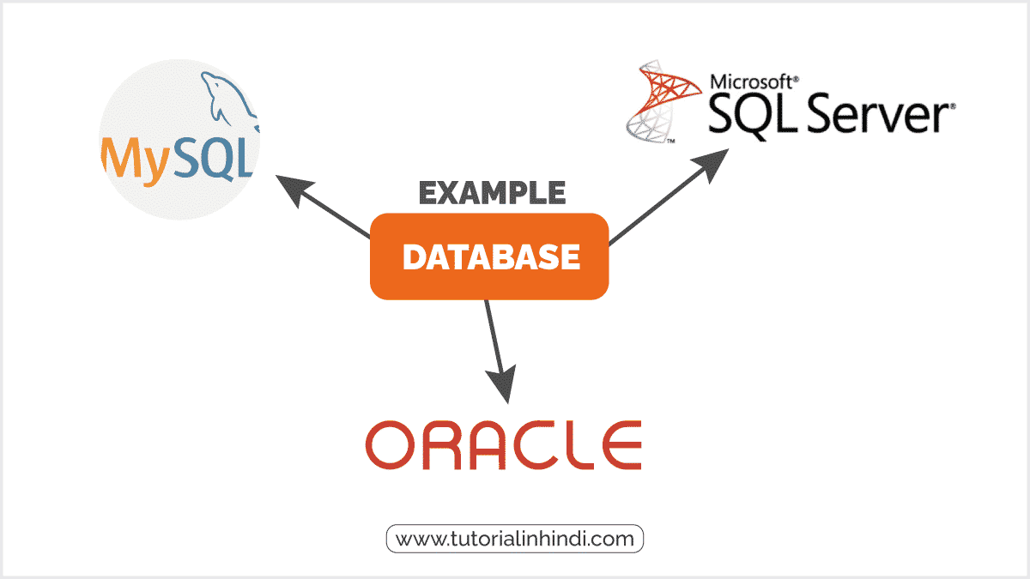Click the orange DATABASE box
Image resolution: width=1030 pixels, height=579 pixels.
pos(489,256)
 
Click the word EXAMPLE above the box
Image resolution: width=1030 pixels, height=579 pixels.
pos(492,193)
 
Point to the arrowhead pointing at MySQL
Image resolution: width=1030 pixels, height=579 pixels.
pos(294,190)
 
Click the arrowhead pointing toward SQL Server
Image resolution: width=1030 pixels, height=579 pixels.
pos(711,164)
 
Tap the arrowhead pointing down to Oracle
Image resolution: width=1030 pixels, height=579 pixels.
pos(503,384)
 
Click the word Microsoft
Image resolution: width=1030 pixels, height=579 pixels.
pos(751,82)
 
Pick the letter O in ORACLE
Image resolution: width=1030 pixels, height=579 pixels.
pos(391,445)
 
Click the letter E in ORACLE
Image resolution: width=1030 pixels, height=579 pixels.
pos(621,445)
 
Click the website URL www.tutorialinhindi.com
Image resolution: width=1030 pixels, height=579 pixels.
pos(514,539)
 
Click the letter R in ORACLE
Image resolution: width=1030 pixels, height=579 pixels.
pos(441,445)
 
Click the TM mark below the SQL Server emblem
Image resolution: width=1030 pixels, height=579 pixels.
pos(671,141)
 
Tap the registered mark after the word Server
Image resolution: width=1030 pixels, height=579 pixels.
pos(953,106)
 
